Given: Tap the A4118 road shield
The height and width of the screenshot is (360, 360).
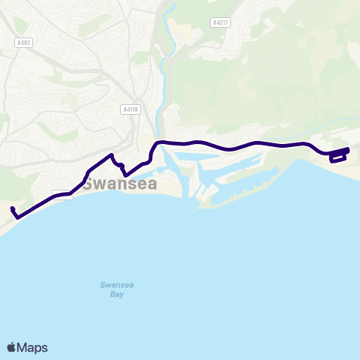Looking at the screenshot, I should (130, 109).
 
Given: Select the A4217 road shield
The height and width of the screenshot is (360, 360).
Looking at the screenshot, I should (220, 22).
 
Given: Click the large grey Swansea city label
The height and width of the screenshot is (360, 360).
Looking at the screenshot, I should (120, 184).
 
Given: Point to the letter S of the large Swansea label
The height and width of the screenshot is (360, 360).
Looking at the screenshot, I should (88, 184).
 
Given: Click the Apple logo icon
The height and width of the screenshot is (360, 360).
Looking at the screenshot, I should (11, 347).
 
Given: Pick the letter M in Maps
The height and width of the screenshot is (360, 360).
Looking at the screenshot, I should (22, 347).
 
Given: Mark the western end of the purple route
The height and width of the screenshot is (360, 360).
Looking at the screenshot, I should (13, 208).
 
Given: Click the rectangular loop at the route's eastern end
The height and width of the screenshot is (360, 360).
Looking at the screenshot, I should (338, 155).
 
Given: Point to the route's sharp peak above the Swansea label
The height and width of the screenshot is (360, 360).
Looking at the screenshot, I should (112, 155).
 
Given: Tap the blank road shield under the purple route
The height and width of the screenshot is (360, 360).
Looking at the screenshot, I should (63, 193).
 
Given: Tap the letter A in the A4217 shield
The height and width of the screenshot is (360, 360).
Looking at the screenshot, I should (213, 22).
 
